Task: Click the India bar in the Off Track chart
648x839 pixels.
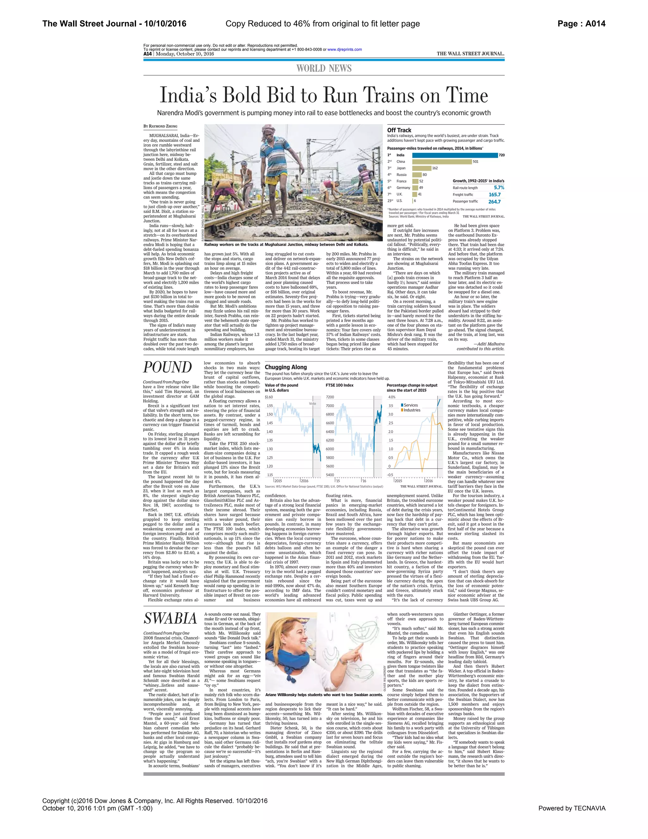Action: pyautogui.click(x=455, y=155)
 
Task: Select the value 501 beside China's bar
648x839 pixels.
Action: pyautogui.click(x=476, y=162)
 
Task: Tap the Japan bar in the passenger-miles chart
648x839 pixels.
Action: pyautogui.click(x=421, y=168)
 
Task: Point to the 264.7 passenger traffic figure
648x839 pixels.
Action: pyautogui.click(x=495, y=202)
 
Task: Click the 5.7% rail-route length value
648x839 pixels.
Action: pyautogui.click(x=499, y=188)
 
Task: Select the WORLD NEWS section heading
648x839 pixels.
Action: pyautogui.click(x=324, y=68)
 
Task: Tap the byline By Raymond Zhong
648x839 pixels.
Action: pyautogui.click(x=160, y=126)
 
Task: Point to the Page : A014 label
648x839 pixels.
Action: pyautogui.click(x=581, y=24)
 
